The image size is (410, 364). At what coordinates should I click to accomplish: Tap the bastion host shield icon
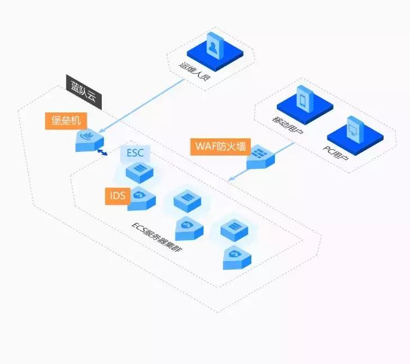click(x=89, y=140)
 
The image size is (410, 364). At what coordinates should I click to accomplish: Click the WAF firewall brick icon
click(x=260, y=158)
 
